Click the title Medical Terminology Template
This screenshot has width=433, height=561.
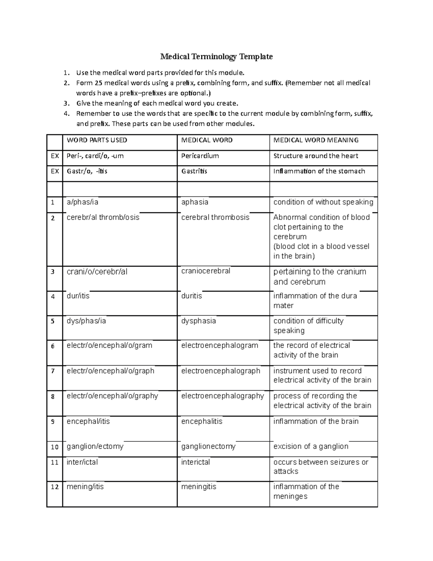point(216,57)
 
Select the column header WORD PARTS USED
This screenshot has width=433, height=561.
point(97,140)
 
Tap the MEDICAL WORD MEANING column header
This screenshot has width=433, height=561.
point(316,140)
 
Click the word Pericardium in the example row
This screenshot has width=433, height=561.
point(200,156)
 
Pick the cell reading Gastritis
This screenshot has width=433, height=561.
point(194,171)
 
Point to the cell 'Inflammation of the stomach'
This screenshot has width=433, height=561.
point(319,171)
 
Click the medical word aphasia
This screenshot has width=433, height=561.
point(194,202)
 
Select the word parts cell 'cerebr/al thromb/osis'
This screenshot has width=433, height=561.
point(103,217)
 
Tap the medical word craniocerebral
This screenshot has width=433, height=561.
point(206,271)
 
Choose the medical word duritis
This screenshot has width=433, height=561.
point(192,296)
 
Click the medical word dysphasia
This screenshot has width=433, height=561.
point(198,321)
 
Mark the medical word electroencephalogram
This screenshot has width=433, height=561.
point(219,345)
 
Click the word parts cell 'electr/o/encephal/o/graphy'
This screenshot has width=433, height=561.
point(112,396)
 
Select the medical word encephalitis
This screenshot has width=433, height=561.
point(202,421)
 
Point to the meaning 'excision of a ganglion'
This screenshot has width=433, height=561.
point(311,446)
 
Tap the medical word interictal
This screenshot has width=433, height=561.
point(196,462)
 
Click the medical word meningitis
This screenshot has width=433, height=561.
point(198,487)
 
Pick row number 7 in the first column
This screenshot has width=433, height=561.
point(53,371)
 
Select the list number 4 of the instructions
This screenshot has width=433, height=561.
point(66,114)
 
